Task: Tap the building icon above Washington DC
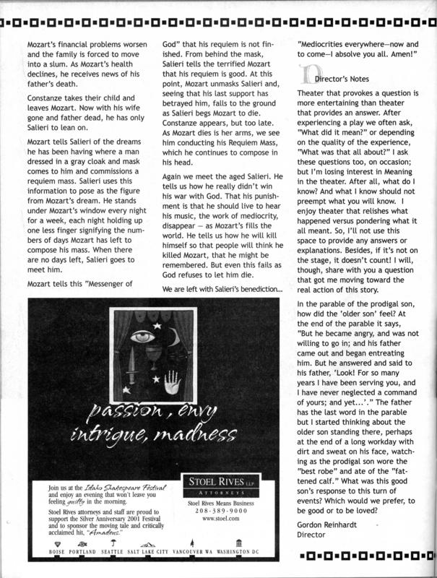(x=238, y=542)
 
